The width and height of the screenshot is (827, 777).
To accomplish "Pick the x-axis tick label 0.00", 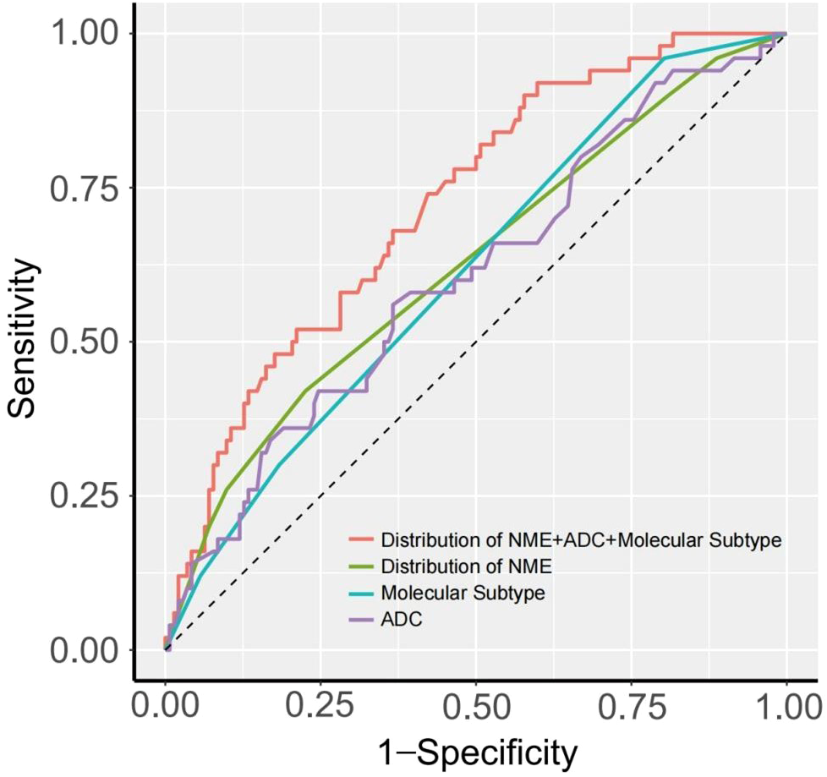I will click(166, 703).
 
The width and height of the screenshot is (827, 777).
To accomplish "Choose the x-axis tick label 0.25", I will click(321, 703).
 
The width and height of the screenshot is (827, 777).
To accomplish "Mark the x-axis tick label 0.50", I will click(476, 703).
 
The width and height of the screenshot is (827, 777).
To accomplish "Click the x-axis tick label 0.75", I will click(632, 703).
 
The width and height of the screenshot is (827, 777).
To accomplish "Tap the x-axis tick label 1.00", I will click(786, 703).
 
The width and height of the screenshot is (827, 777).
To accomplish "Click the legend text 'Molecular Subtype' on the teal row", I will click(463, 593).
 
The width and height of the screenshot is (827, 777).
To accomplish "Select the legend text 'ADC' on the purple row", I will click(402, 620).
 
